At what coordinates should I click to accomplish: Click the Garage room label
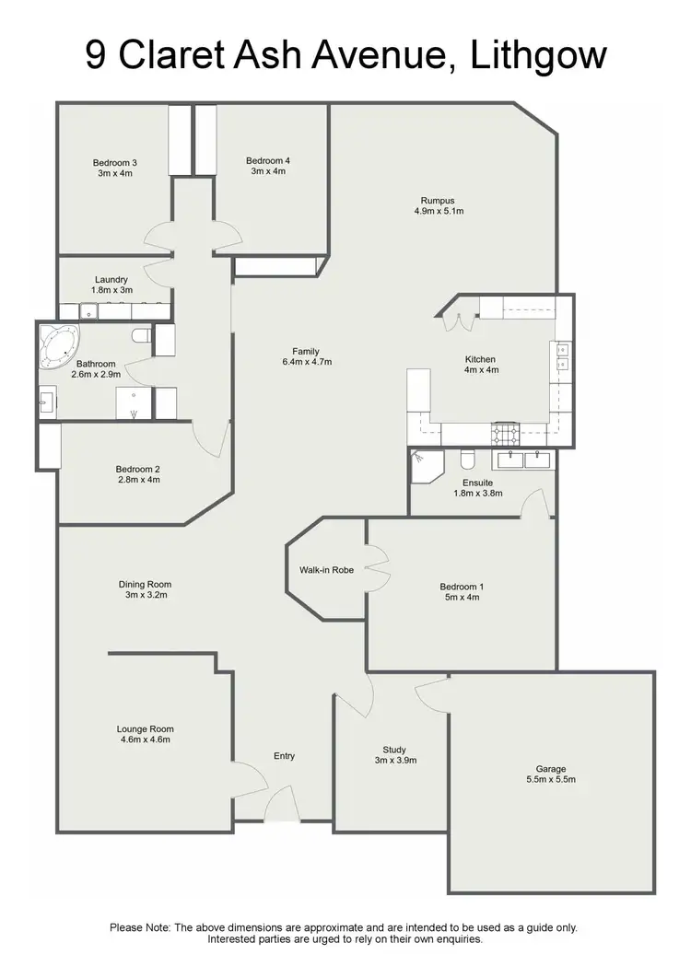[x=551, y=769]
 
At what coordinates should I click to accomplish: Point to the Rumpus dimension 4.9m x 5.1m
[x=439, y=212]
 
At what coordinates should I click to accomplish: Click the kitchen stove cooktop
[x=506, y=432]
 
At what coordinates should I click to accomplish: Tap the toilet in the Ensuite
[x=467, y=459]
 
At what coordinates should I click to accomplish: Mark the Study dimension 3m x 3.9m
[x=394, y=761]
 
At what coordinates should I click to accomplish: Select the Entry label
[x=285, y=756]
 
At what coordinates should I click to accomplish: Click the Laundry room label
[x=111, y=280]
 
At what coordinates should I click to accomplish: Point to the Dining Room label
[x=145, y=584]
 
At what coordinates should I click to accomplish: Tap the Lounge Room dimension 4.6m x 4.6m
[x=145, y=739]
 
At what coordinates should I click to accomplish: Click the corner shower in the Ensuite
[x=425, y=464]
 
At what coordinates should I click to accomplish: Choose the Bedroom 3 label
[x=115, y=163]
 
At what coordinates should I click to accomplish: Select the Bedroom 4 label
[x=268, y=161]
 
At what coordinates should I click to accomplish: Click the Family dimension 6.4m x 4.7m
[x=306, y=363]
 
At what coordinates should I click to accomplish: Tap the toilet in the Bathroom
[x=141, y=336]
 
